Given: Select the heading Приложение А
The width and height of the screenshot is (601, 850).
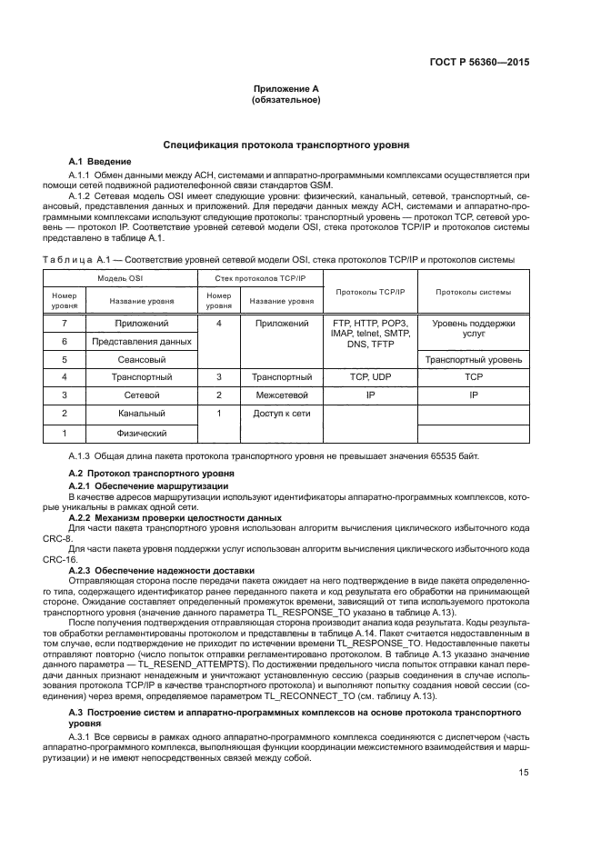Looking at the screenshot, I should tap(285, 89).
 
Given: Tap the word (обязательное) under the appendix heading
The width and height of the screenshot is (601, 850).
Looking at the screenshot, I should tap(285, 100).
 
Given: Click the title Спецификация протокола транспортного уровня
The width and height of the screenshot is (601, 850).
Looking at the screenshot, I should tap(285, 145).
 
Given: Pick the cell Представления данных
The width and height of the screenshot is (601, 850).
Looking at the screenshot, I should tap(142, 341).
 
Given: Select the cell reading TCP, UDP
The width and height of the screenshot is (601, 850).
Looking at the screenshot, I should tap(369, 376).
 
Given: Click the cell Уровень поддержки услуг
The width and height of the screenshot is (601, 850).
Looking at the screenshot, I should tap(473, 328).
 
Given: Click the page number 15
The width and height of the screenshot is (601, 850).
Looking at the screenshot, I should tap(524, 773).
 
